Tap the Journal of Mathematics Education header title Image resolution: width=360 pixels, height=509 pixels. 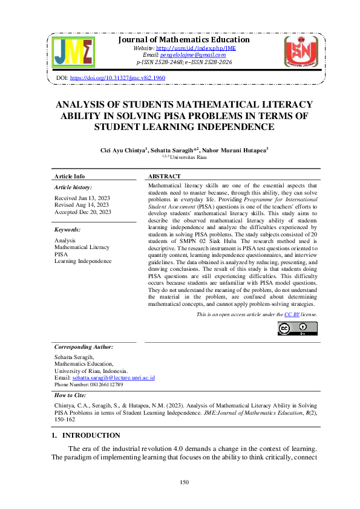click(183, 39)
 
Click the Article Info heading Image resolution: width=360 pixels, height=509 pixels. click(70, 176)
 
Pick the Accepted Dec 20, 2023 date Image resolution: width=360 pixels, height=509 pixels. click(82, 212)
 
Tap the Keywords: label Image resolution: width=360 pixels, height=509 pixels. click(67, 230)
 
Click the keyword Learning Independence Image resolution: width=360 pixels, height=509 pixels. click(83, 261)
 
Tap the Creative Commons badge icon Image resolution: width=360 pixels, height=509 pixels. click(297, 328)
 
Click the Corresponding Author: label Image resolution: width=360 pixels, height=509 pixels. click(83, 347)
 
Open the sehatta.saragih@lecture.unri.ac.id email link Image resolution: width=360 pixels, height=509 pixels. click(114, 377)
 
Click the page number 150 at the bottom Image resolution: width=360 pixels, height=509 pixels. click(185, 482)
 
